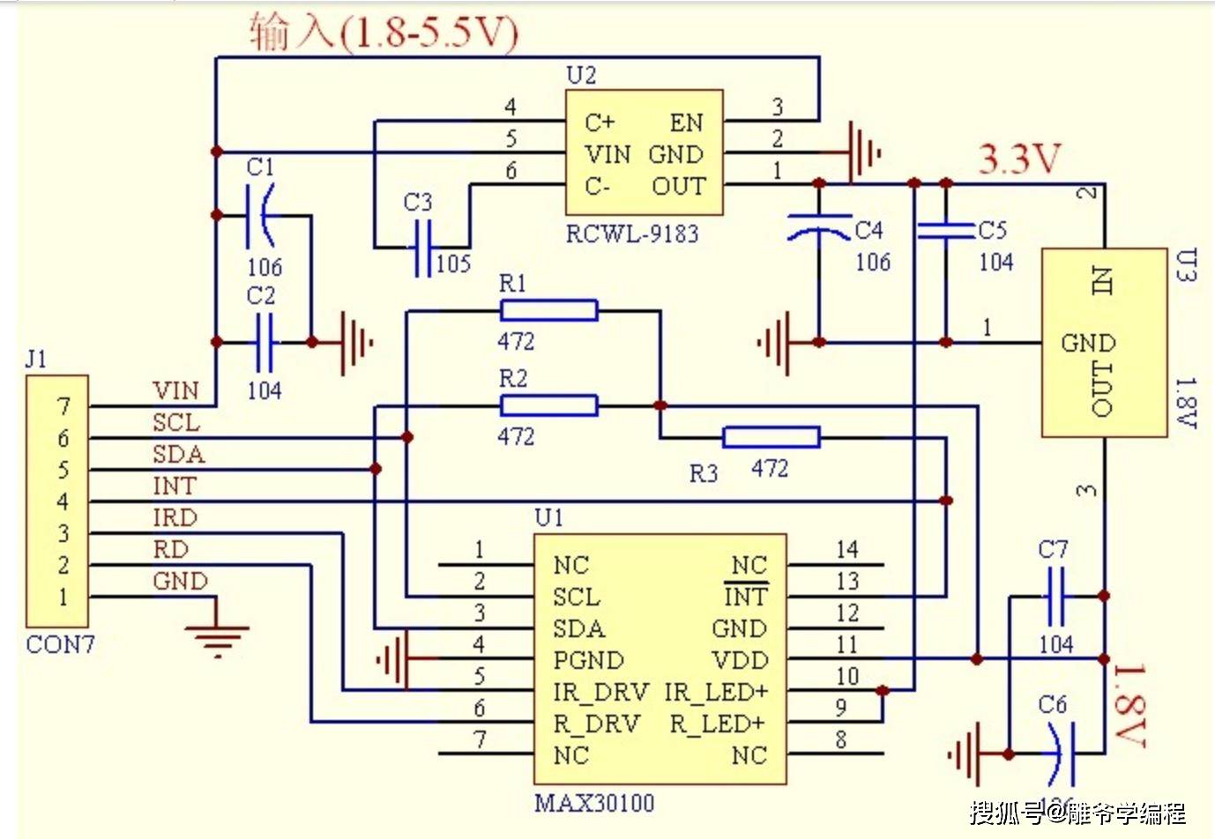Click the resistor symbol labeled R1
[548, 310]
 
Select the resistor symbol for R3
[771, 437]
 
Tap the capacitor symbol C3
[423, 247]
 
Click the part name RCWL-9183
[632, 234]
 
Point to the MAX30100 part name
[594, 804]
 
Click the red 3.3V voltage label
[1019, 160]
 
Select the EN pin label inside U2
[686, 123]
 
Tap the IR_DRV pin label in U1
[600, 693]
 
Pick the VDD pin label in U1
[740, 661]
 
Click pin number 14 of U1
[846, 550]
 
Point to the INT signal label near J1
[174, 486]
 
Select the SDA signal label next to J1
[178, 455]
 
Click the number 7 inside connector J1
[63, 407]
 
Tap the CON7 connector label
[60, 645]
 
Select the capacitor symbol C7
[1055, 597]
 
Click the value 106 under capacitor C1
[265, 267]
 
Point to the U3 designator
[1187, 264]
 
